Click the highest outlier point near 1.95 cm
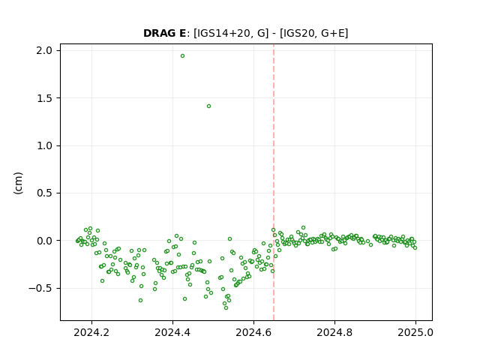(182, 56)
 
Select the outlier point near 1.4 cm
(208, 106)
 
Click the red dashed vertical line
(274, 182)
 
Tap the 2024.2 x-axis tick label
(91, 332)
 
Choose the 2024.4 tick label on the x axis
(172, 332)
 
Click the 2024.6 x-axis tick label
(253, 332)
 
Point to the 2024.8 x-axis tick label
(334, 332)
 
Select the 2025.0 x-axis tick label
(415, 332)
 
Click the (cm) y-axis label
(18, 183)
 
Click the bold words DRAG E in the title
(164, 33)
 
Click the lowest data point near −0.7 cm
(226, 307)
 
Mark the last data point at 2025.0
(415, 247)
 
